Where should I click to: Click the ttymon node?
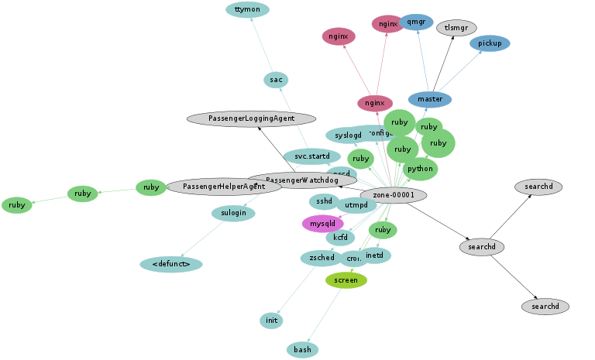pyautogui.click(x=248, y=10)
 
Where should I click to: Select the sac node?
pyautogui.click(x=275, y=80)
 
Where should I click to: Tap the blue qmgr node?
pyautogui.click(x=417, y=22)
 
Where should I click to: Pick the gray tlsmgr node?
pyautogui.click(x=457, y=29)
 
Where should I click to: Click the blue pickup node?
pyautogui.click(x=490, y=43)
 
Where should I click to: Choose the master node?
pyautogui.click(x=429, y=99)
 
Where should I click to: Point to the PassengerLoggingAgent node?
pyautogui.click(x=252, y=118)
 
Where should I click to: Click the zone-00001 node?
pyautogui.click(x=394, y=195)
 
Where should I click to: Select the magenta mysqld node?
pyautogui.click(x=322, y=224)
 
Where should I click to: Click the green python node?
pyautogui.click(x=420, y=169)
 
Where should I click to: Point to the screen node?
pyautogui.click(x=346, y=280)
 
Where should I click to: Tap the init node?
pyautogui.click(x=271, y=321)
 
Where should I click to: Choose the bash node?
pyautogui.click(x=302, y=350)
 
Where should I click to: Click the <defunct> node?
pyautogui.click(x=171, y=265)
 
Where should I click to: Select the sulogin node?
pyautogui.click(x=233, y=214)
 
